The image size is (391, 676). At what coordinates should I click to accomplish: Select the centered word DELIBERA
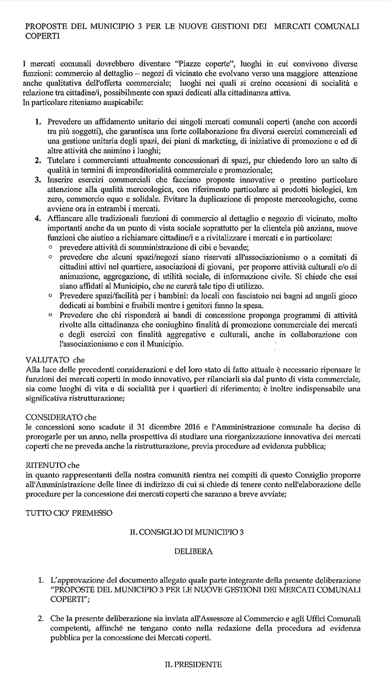[194, 551]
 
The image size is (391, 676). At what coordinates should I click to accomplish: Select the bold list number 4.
[37, 220]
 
